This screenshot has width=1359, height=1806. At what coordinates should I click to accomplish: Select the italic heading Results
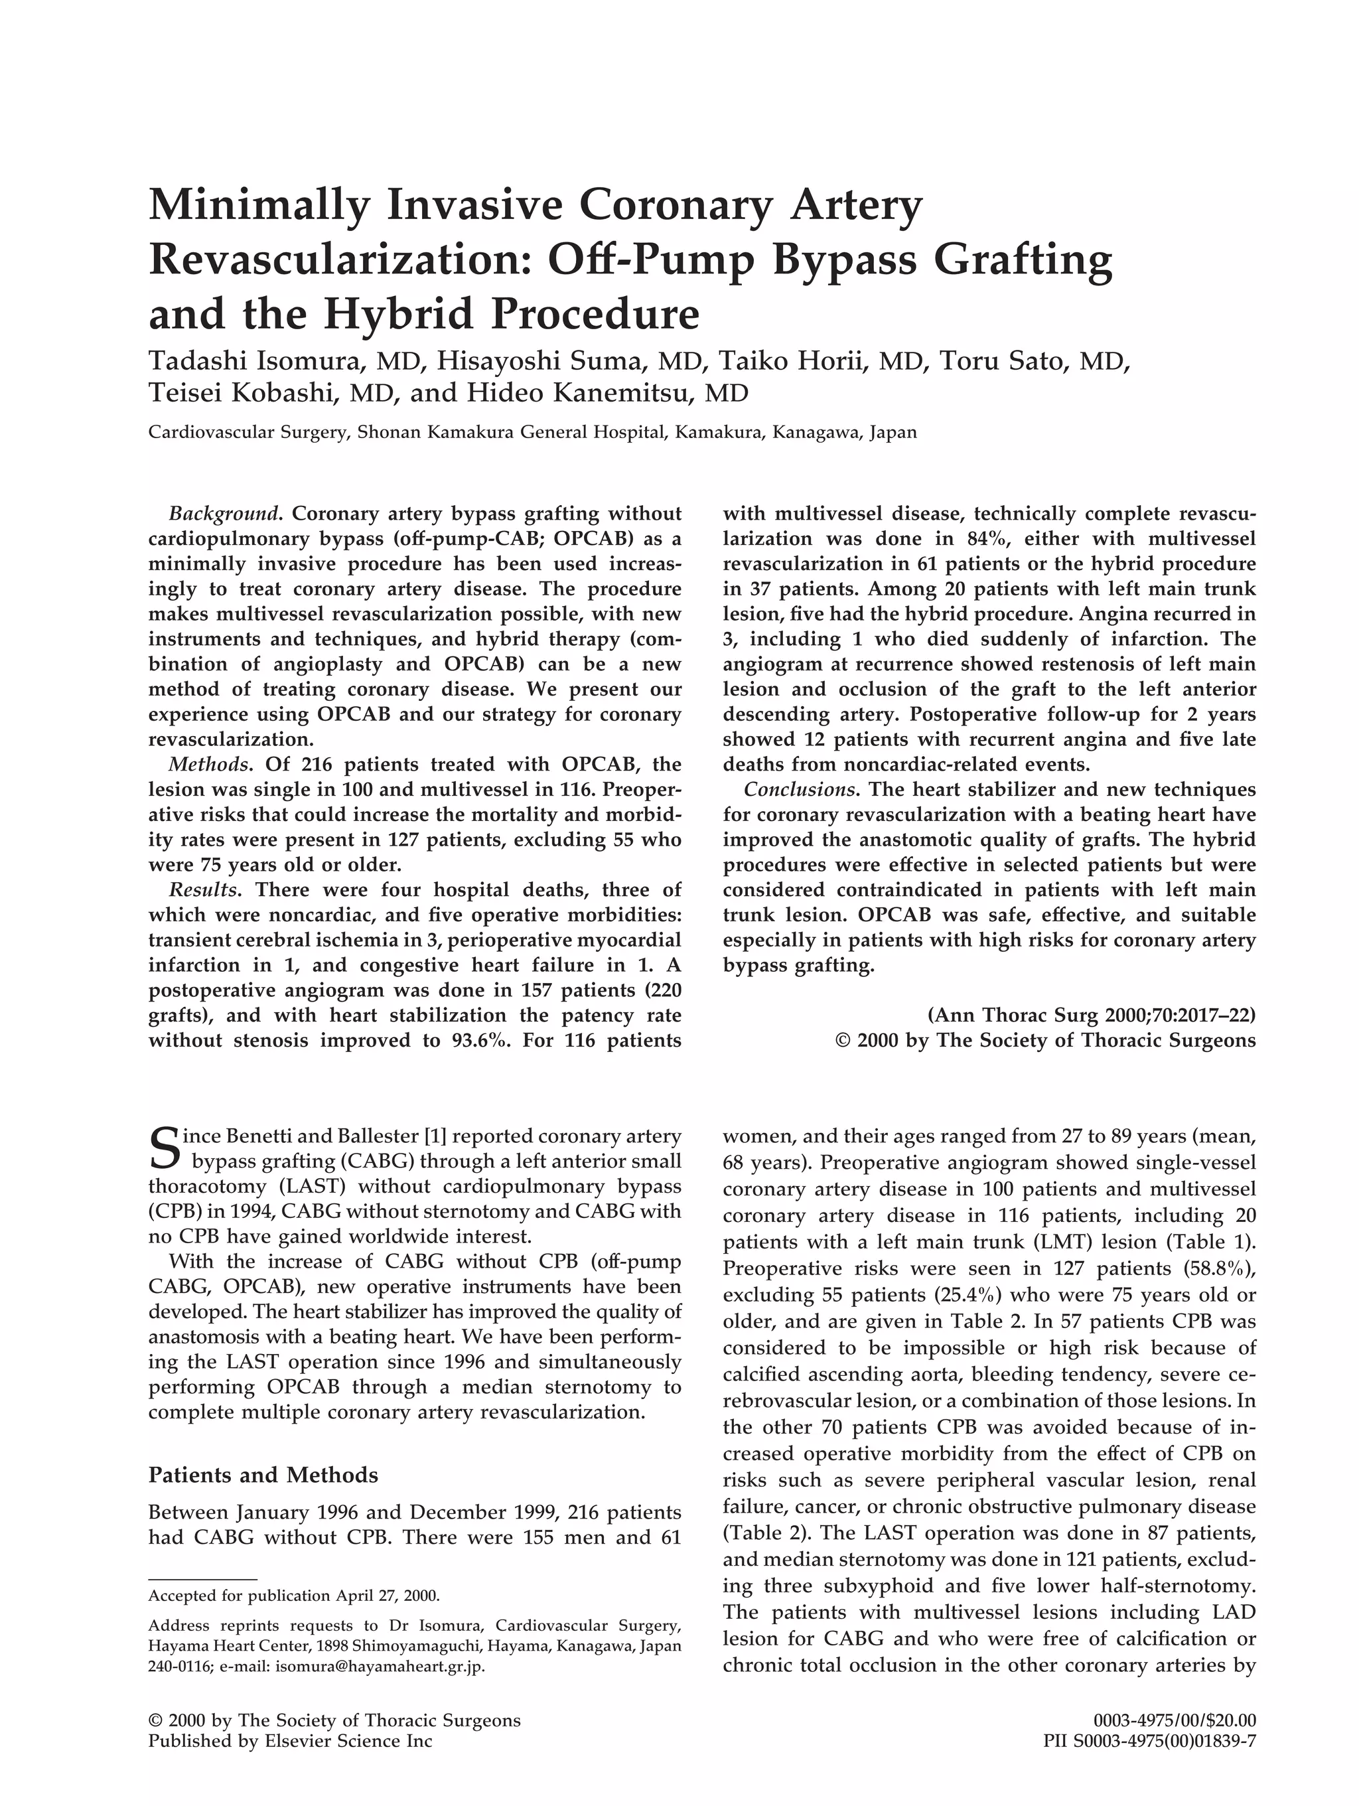(203, 890)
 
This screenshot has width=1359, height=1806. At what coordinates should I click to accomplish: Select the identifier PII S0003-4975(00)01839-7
(1149, 1741)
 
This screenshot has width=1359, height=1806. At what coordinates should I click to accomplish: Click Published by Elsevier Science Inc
(290, 1741)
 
